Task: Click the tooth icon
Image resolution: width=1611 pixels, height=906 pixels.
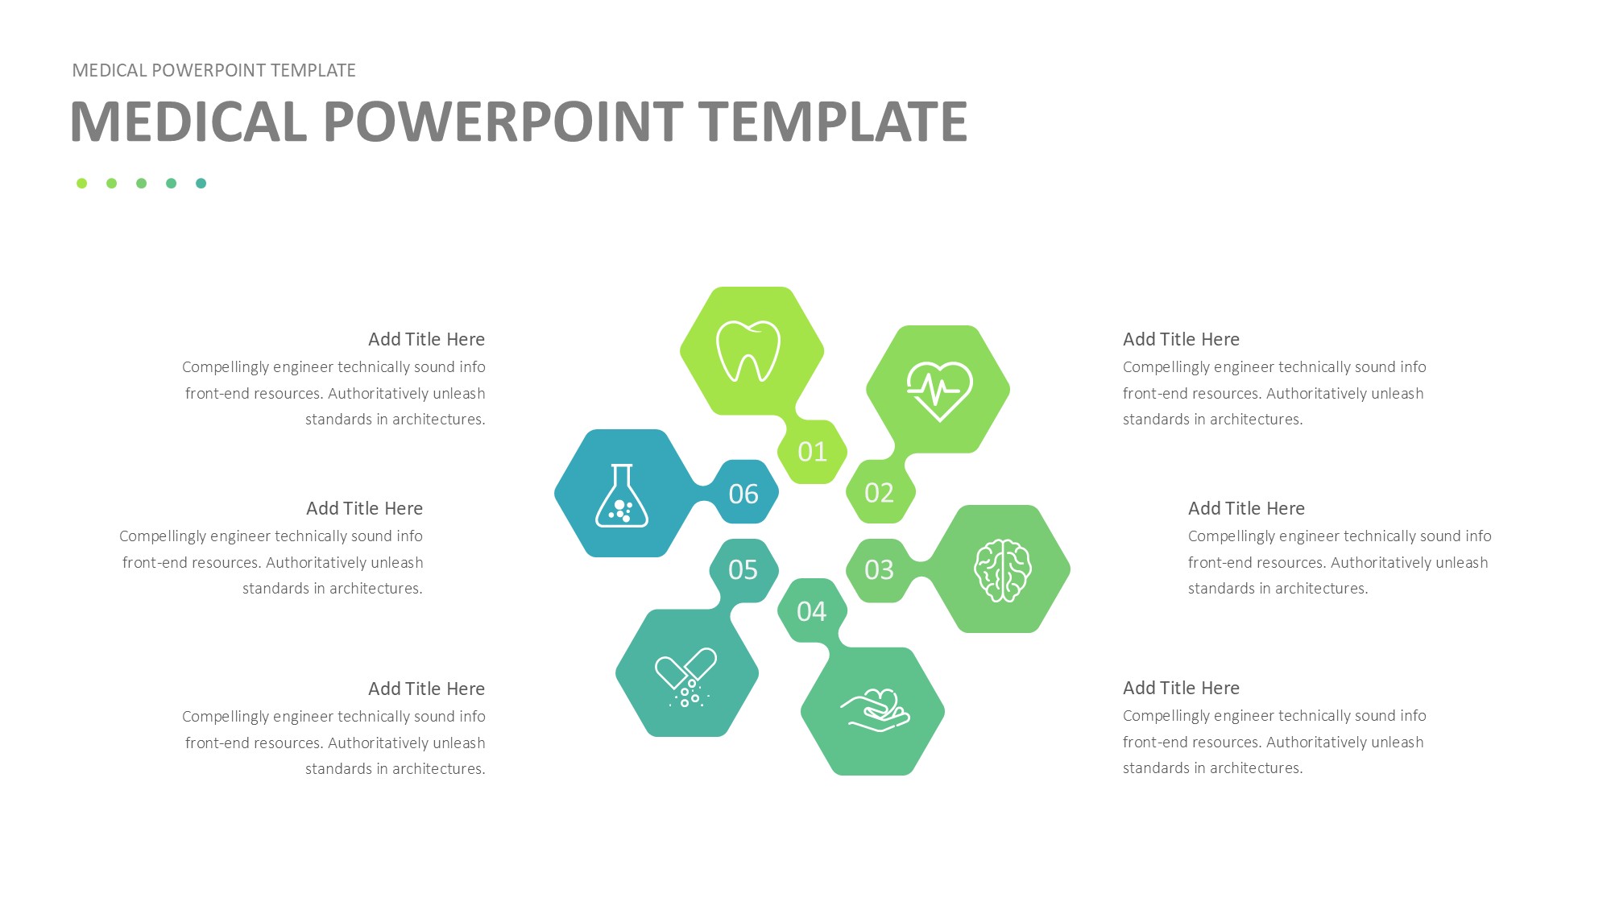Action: [748, 352]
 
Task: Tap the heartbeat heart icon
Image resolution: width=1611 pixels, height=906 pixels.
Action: [939, 391]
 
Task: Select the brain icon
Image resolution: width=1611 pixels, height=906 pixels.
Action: [1002, 570]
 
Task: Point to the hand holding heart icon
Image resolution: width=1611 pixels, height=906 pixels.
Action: [876, 709]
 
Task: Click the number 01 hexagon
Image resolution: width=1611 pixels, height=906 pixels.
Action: [812, 452]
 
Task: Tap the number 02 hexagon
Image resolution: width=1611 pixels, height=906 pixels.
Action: [880, 492]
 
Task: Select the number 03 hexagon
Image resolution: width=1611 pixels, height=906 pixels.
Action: [880, 570]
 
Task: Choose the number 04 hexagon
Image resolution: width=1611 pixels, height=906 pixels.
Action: [812, 611]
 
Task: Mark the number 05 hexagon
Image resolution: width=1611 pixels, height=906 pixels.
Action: [743, 570]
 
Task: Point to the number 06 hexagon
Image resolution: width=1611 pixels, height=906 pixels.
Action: [743, 493]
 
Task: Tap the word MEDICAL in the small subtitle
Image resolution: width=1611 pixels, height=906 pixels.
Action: [110, 70]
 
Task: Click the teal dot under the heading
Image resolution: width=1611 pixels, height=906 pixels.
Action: [201, 184]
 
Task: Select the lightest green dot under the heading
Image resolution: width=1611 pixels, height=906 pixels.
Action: [81, 184]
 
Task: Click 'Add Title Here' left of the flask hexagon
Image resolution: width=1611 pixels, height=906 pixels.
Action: [364, 508]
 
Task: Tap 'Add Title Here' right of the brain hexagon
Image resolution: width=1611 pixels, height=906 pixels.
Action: [1246, 508]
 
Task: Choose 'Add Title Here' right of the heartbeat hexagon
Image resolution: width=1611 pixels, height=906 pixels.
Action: [1181, 339]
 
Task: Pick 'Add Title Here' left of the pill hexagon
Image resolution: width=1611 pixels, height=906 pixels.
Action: [426, 689]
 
